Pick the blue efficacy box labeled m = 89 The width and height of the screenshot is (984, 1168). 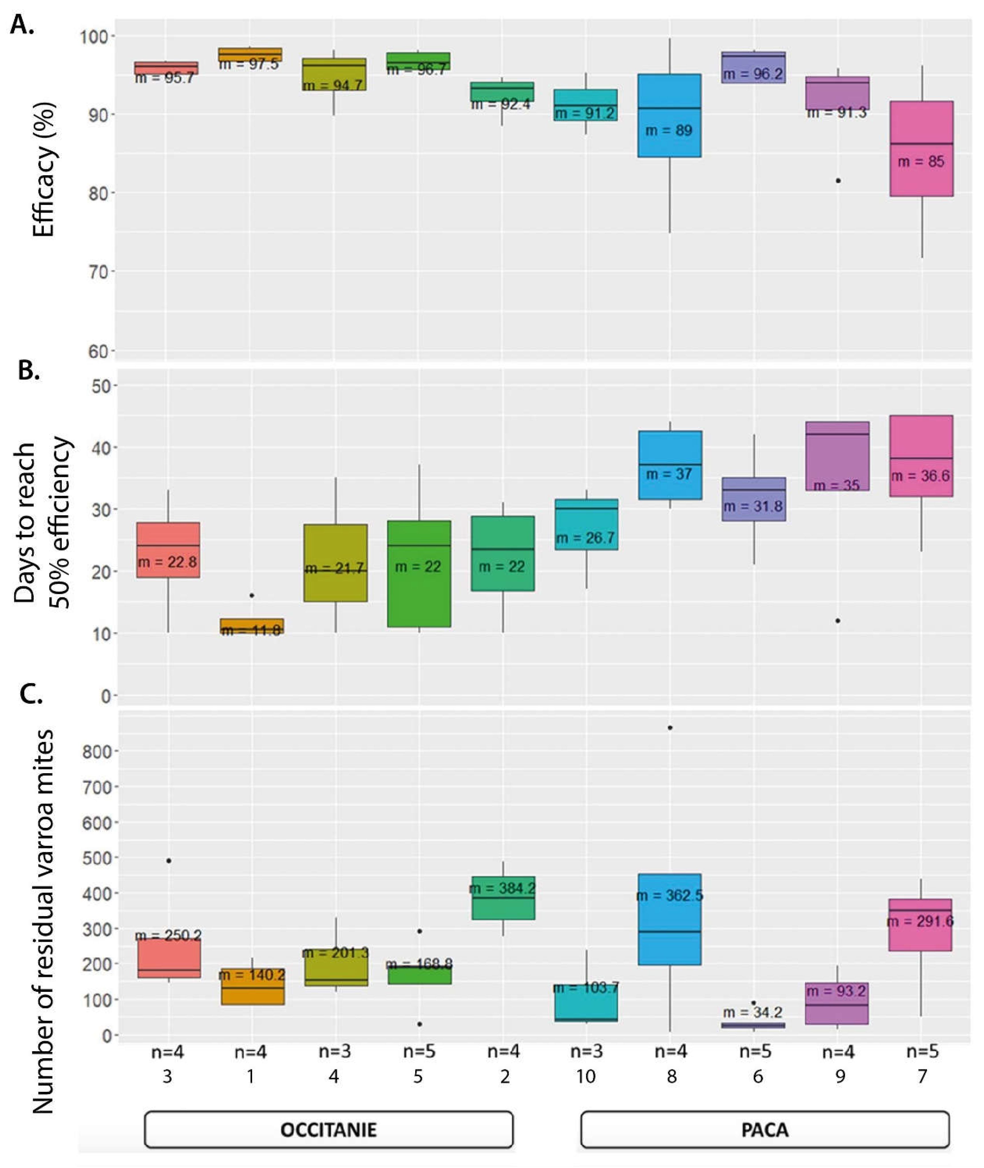669,116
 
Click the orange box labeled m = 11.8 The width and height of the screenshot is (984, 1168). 252,626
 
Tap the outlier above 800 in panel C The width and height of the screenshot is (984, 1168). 670,728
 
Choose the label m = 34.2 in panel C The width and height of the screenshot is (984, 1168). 753,1012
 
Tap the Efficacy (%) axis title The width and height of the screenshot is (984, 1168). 43,169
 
